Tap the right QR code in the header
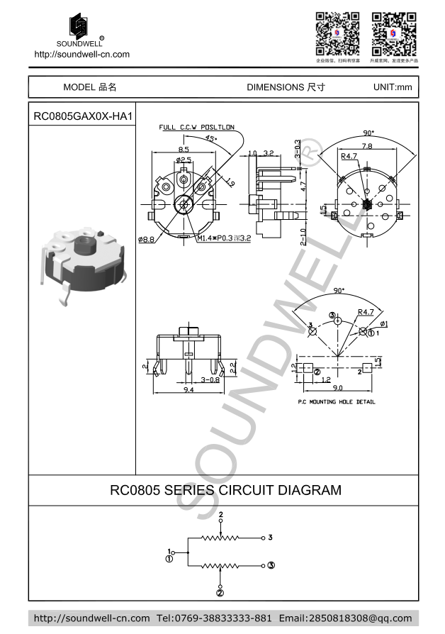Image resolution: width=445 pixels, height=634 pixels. point(394,33)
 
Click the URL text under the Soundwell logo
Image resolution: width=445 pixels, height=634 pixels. point(82,54)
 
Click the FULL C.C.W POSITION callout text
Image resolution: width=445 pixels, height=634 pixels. point(196,128)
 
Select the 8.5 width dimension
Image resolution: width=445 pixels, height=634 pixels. point(184,150)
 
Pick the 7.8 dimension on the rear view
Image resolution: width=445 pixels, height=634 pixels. point(368,146)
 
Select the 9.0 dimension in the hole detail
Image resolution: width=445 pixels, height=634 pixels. point(338,388)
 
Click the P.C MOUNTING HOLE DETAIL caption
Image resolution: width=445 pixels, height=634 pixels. point(336,402)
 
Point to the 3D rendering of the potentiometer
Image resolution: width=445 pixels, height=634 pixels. point(84,263)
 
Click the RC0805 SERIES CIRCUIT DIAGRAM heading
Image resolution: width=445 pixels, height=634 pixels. point(225,490)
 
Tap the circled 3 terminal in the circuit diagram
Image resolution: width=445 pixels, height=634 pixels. point(271,565)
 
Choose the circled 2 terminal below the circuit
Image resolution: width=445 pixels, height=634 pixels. point(220,593)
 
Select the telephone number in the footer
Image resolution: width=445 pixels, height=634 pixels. point(213,618)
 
